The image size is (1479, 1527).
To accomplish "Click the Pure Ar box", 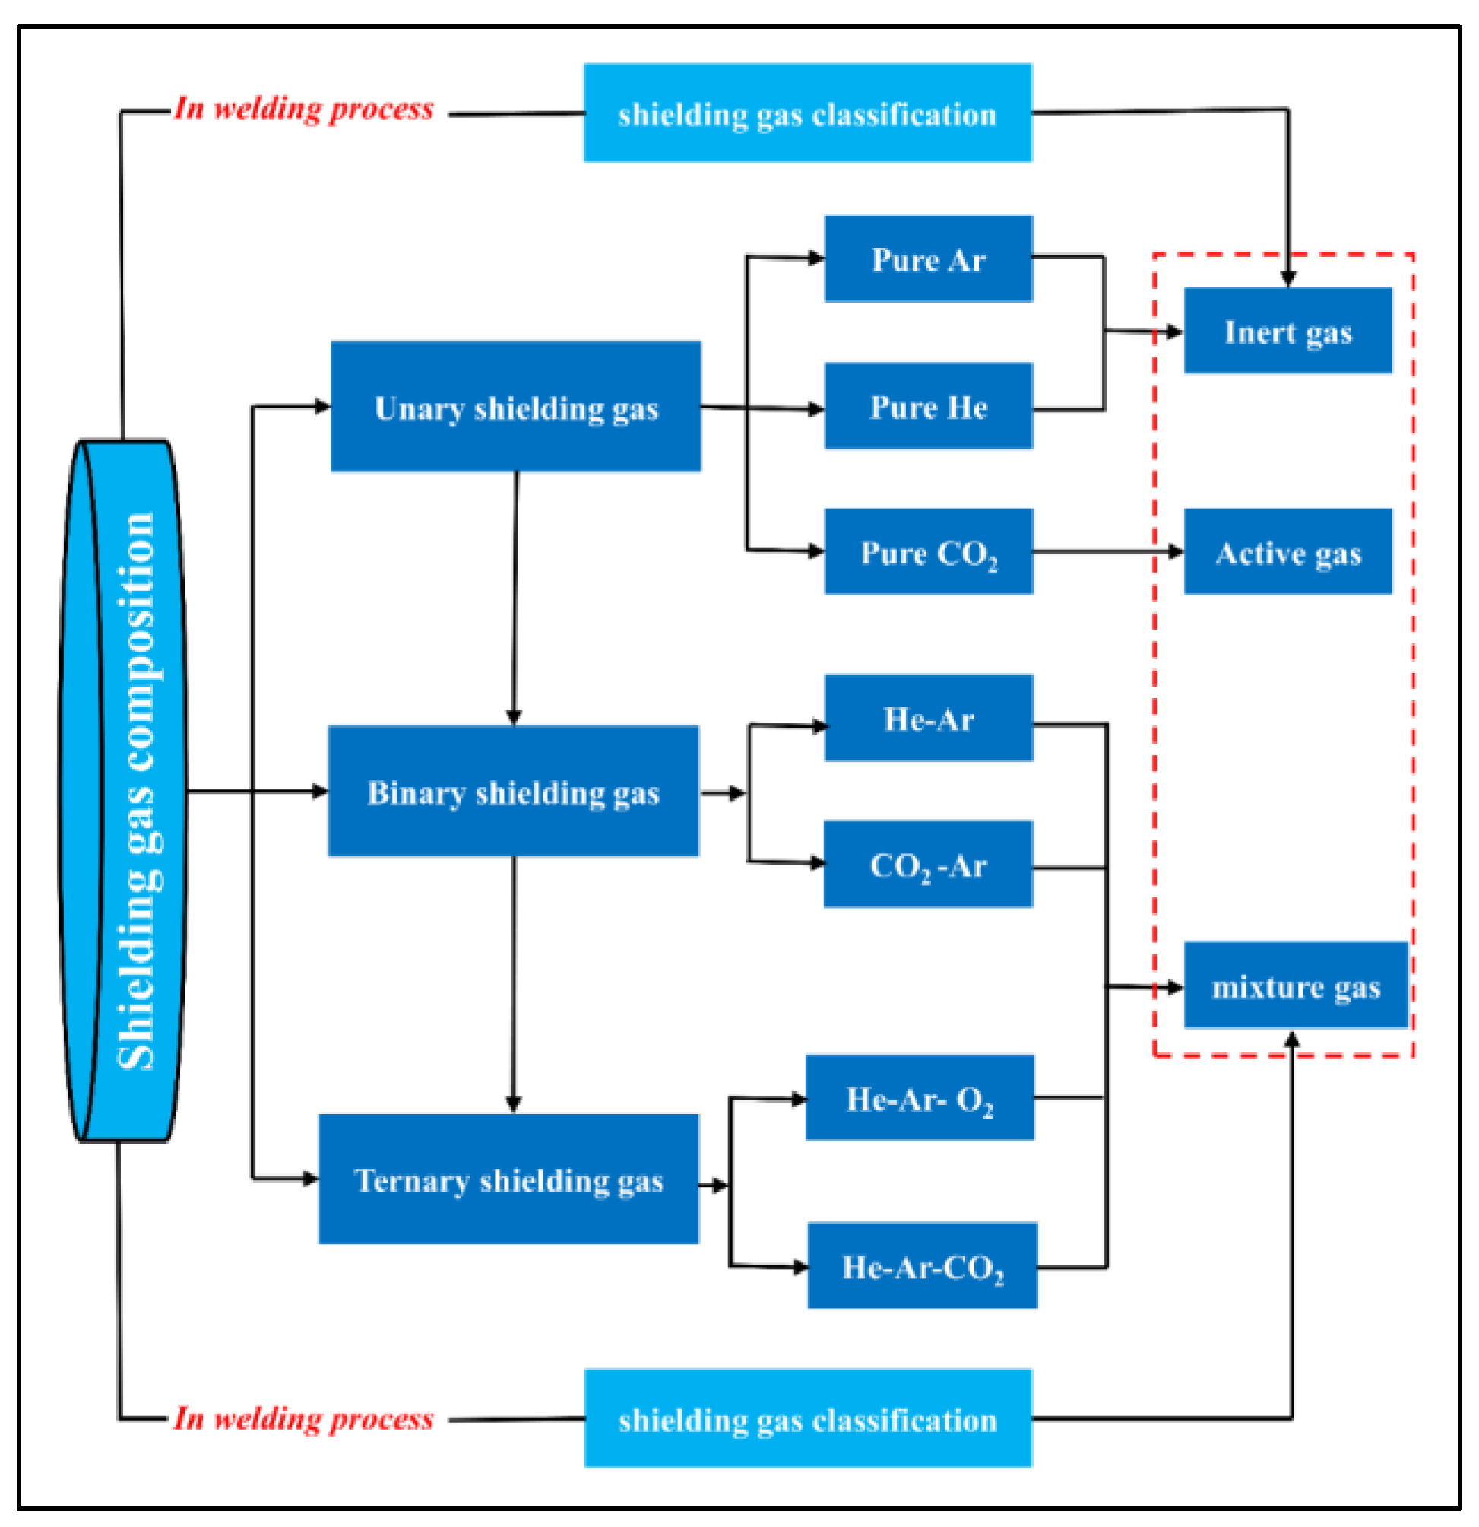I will (x=929, y=259).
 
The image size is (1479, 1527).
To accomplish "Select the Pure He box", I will (x=929, y=406).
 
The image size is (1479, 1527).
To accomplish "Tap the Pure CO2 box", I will (x=929, y=552).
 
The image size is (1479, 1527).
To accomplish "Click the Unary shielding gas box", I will (x=515, y=407).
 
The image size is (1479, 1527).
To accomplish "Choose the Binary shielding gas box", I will (x=513, y=792).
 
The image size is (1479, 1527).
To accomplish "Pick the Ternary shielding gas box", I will (x=508, y=1179).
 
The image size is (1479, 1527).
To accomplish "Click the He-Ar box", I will (x=929, y=719).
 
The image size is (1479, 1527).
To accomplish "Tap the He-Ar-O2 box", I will (x=919, y=1099).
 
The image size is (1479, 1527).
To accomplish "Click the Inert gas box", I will (x=1287, y=331).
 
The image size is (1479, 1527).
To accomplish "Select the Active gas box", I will (x=1287, y=552).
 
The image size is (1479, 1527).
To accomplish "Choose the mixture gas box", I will (x=1295, y=986).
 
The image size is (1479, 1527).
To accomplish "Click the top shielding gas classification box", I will (x=808, y=114).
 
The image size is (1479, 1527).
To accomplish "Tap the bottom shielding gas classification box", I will (x=808, y=1420).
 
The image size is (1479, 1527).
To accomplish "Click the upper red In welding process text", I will (x=304, y=109).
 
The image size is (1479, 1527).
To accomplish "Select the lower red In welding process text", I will (x=304, y=1418).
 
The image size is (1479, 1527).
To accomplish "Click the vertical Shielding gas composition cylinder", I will (x=125, y=791).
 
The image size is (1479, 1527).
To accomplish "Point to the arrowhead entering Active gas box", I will (x=1175, y=552).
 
